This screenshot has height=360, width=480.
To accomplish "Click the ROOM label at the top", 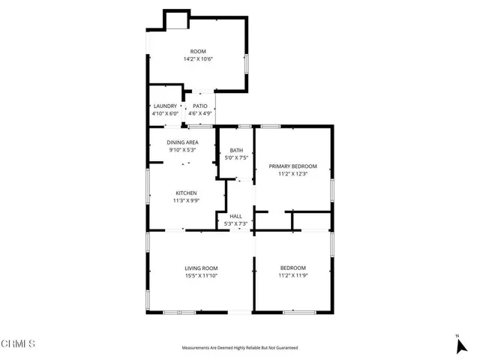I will tap(198, 52).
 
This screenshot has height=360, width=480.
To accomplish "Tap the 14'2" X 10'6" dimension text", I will tap(198, 59).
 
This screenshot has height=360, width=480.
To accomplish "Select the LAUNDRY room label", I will tap(165, 106).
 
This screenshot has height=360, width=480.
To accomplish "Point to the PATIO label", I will tap(200, 106).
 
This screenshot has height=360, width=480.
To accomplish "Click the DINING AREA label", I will tap(182, 142).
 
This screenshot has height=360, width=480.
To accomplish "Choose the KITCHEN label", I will tap(186, 193).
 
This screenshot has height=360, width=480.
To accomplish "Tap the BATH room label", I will tap(236, 151).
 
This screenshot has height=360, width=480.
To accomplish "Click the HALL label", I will tap(235, 216).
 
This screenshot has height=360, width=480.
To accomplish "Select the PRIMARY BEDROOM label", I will tap(293, 166).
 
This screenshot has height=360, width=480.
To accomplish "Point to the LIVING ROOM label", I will tap(201, 268).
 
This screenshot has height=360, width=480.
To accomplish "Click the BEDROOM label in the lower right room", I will tap(293, 268).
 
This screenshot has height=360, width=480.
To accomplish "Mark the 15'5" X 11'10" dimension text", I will tap(201, 275).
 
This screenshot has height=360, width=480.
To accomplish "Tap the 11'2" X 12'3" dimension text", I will tap(293, 173).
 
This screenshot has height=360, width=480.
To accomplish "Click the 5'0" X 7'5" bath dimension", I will tap(236, 158).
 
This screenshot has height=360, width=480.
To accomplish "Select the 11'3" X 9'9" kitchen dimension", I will tap(186, 200).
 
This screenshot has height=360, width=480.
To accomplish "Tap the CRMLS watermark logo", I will tap(19, 344).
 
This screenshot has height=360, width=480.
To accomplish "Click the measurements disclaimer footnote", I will tap(240, 348).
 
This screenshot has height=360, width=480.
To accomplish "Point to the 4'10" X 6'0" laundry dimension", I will tap(165, 113).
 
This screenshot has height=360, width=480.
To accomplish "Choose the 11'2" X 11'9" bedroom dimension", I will tap(293, 275).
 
